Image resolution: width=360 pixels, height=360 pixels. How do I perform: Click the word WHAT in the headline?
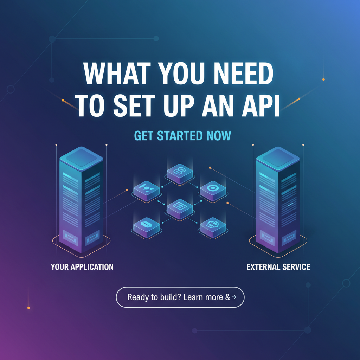[x=117, y=73]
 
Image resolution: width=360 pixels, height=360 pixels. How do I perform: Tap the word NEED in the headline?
[x=244, y=73]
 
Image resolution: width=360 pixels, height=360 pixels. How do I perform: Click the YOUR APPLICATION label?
[x=82, y=267]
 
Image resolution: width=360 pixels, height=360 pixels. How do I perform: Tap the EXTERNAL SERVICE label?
[x=278, y=267]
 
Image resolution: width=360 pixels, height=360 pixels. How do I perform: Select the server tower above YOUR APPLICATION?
[x=81, y=200]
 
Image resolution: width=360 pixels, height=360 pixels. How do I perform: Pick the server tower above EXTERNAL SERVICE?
[x=278, y=200]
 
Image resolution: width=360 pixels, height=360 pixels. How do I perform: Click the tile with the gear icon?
[x=213, y=191]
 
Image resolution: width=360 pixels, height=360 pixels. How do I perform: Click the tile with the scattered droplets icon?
[x=147, y=191]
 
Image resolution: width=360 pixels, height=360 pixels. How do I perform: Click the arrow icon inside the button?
[x=234, y=297]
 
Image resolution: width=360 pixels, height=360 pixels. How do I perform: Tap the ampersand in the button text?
[x=227, y=297]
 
